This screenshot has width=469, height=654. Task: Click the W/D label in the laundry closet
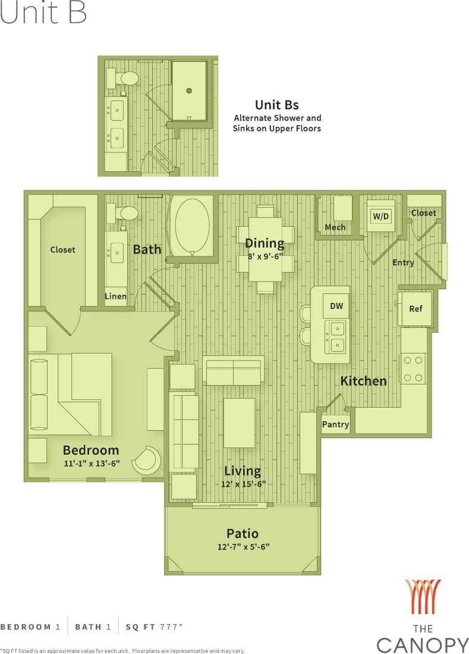coord(380,216)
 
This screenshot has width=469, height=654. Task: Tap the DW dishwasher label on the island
coord(336,306)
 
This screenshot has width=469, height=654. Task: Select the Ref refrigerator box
coord(416,309)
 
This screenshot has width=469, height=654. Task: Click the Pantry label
coord(335,424)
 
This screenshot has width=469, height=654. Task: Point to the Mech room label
coord(335,227)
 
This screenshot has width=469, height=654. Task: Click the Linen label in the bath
coord(116,296)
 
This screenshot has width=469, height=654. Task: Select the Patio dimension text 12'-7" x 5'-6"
coord(243,546)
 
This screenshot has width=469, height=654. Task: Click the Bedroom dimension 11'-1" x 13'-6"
coord(91,463)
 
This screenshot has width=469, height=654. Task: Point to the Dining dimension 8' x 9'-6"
coord(265,257)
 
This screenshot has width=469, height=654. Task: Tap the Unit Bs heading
coord(276,105)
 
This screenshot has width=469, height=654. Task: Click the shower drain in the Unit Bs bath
coord(189,90)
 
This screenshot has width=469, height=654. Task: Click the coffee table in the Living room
coord(240,423)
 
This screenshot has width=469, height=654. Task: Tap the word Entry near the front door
coord(403,262)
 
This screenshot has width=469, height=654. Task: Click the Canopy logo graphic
coord(423,597)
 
